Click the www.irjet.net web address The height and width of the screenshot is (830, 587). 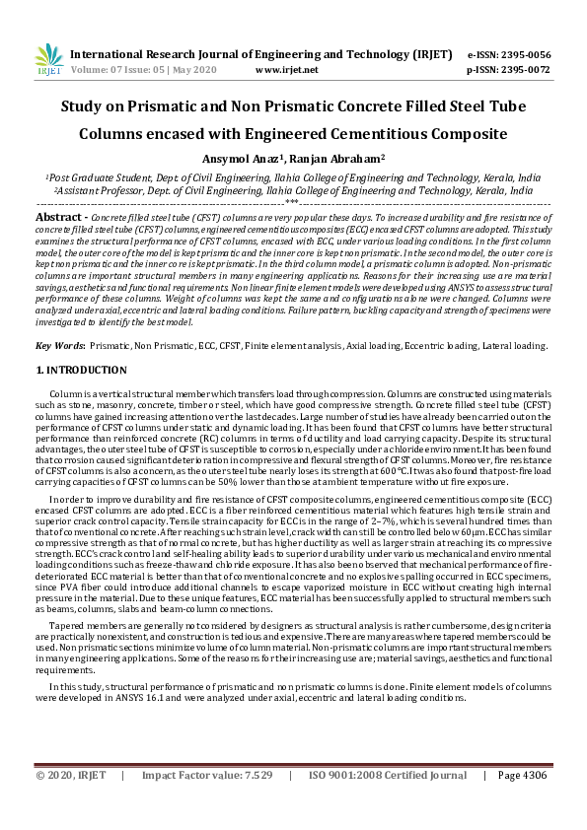coord(286,71)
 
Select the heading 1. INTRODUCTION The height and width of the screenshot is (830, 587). coord(81,370)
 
